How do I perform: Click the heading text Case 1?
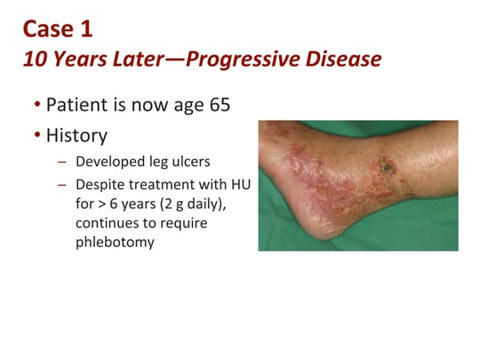[x=59, y=28]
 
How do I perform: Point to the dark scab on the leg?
[x=386, y=164]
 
